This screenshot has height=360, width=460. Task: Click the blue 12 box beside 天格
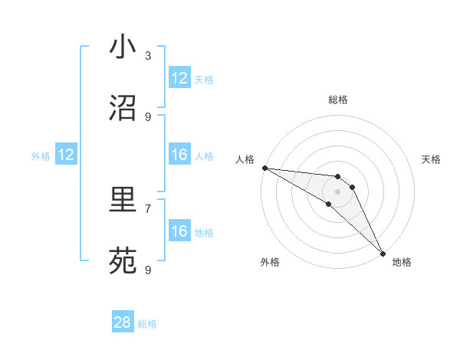[179, 78]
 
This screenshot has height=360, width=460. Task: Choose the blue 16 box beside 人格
[179, 155]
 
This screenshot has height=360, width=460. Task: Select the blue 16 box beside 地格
[179, 231]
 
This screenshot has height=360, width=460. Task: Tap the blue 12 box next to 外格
[66, 155]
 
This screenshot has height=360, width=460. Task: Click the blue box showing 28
[123, 322]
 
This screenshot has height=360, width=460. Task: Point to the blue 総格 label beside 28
[147, 324]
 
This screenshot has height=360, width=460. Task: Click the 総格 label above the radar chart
[337, 100]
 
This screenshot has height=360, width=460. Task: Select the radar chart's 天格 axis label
[432, 159]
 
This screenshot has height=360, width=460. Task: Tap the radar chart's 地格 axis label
[402, 262]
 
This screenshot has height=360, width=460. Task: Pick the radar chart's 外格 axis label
[270, 262]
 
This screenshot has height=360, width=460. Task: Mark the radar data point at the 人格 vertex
[264, 168]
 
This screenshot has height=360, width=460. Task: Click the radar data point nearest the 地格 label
[383, 252]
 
